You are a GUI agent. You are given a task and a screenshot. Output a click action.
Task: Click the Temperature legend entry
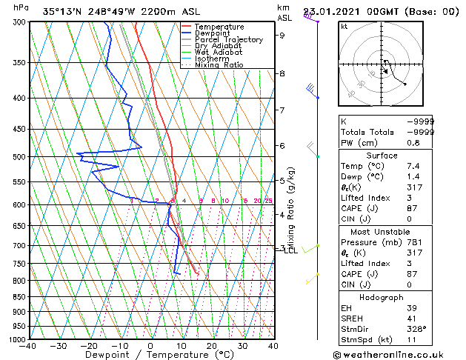click(x=219, y=27)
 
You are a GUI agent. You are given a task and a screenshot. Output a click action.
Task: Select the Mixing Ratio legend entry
click(x=219, y=65)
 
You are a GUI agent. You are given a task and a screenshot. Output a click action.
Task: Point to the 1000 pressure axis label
click(x=16, y=340)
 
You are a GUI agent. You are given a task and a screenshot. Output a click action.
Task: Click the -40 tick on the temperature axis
click(x=29, y=346)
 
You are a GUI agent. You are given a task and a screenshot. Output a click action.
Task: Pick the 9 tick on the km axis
click(x=282, y=35)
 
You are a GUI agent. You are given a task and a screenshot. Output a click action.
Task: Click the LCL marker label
click(x=290, y=250)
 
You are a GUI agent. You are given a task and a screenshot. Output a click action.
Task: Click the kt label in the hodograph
click(x=344, y=26)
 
